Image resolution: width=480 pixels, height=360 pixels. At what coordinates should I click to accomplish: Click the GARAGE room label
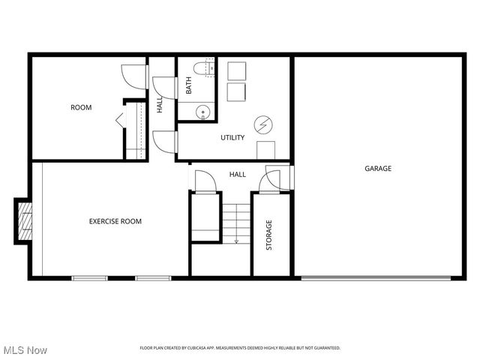(x=378, y=169)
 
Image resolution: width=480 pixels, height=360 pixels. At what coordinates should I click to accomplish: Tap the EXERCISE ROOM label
(x=115, y=221)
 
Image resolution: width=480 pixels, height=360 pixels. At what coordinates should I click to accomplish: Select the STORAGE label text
(x=269, y=235)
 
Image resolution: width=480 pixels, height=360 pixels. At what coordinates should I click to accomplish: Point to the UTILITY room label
(x=232, y=138)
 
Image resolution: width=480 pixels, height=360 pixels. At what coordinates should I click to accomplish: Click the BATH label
(x=189, y=86)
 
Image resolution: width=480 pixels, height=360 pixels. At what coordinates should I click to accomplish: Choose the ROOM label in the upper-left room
(x=81, y=107)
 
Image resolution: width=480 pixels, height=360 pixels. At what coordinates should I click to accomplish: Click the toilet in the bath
(x=200, y=70)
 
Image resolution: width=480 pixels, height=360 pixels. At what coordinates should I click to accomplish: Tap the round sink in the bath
(x=202, y=112)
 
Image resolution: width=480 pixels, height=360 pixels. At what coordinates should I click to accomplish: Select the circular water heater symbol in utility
(x=264, y=123)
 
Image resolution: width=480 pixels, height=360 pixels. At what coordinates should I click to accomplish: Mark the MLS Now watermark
(x=25, y=350)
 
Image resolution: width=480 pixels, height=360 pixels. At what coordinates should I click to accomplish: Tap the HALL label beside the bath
(x=160, y=106)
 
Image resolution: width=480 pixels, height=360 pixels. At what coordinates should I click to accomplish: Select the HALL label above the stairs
(x=238, y=175)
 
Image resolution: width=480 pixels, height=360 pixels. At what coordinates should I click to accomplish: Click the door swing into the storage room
(x=268, y=180)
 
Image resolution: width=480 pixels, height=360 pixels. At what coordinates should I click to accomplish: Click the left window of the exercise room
(x=90, y=279)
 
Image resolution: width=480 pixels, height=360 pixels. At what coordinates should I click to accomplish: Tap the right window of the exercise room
(x=154, y=279)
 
